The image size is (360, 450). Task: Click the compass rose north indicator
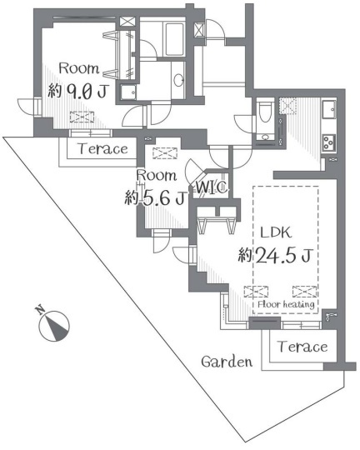pos(53,325)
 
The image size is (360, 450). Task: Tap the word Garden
pos(227,362)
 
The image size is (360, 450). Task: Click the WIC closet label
pos(212,187)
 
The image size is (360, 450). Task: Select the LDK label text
pos(276,232)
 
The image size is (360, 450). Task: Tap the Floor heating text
pos(286,304)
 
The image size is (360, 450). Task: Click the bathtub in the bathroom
pos(174,40)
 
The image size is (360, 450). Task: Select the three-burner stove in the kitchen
pos(328,142)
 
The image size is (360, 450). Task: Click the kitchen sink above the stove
pos(328,109)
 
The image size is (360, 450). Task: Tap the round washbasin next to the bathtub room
pos(178,80)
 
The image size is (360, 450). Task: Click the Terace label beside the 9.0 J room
pos(103,148)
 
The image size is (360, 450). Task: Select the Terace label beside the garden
pos(302,347)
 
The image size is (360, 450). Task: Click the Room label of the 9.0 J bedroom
pos(79,68)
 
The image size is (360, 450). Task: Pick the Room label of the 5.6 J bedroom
pos(157,175)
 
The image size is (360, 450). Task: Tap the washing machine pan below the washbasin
pos(128,92)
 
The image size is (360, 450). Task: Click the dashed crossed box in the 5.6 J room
pos(165,153)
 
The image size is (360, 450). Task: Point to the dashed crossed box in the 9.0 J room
pos(82,117)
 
